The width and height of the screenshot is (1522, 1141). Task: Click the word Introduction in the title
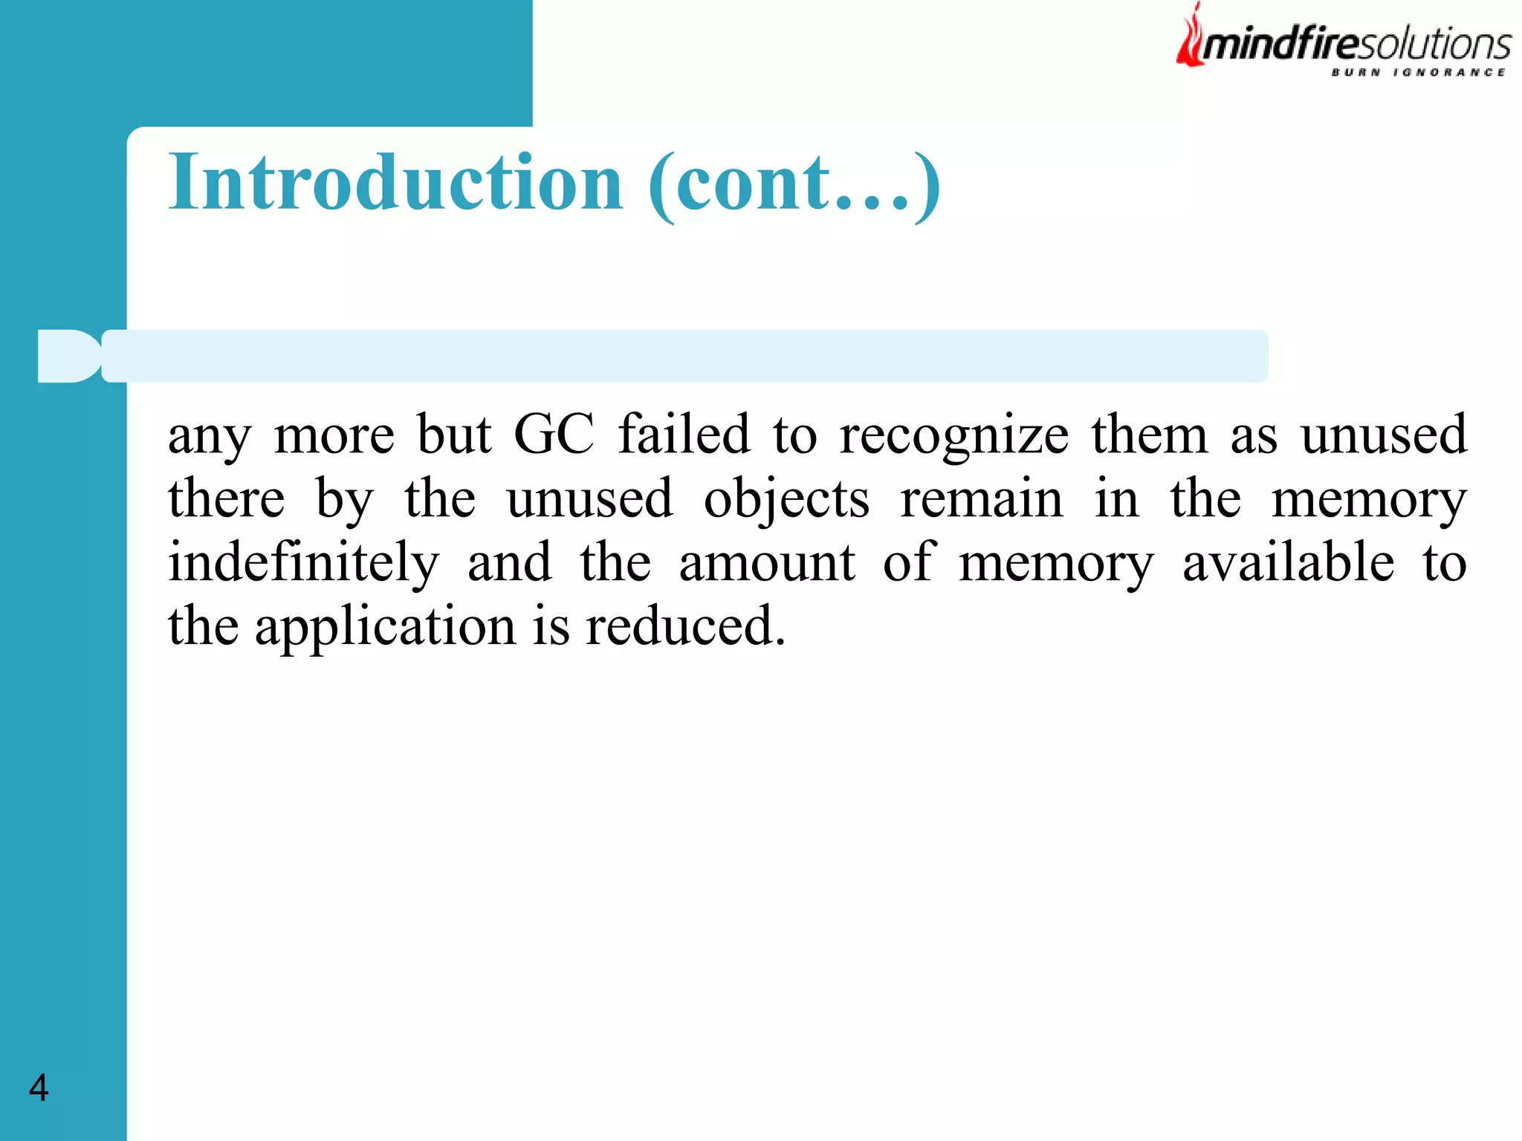coord(395,183)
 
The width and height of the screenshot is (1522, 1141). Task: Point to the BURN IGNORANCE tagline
coord(1418,72)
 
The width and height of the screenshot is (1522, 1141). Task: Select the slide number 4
coord(39,1088)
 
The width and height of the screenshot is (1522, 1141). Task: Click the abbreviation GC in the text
coord(554,435)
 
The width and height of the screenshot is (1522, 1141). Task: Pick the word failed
coord(684,435)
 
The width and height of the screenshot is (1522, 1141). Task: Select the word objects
coord(786,500)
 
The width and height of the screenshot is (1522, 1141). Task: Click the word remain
coord(981,498)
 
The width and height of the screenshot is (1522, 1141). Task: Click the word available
coord(1288,562)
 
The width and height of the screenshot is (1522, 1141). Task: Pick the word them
coord(1149,435)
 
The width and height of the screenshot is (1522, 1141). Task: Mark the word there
coord(226,498)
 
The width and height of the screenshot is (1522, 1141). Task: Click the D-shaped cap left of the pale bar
coord(68,356)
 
